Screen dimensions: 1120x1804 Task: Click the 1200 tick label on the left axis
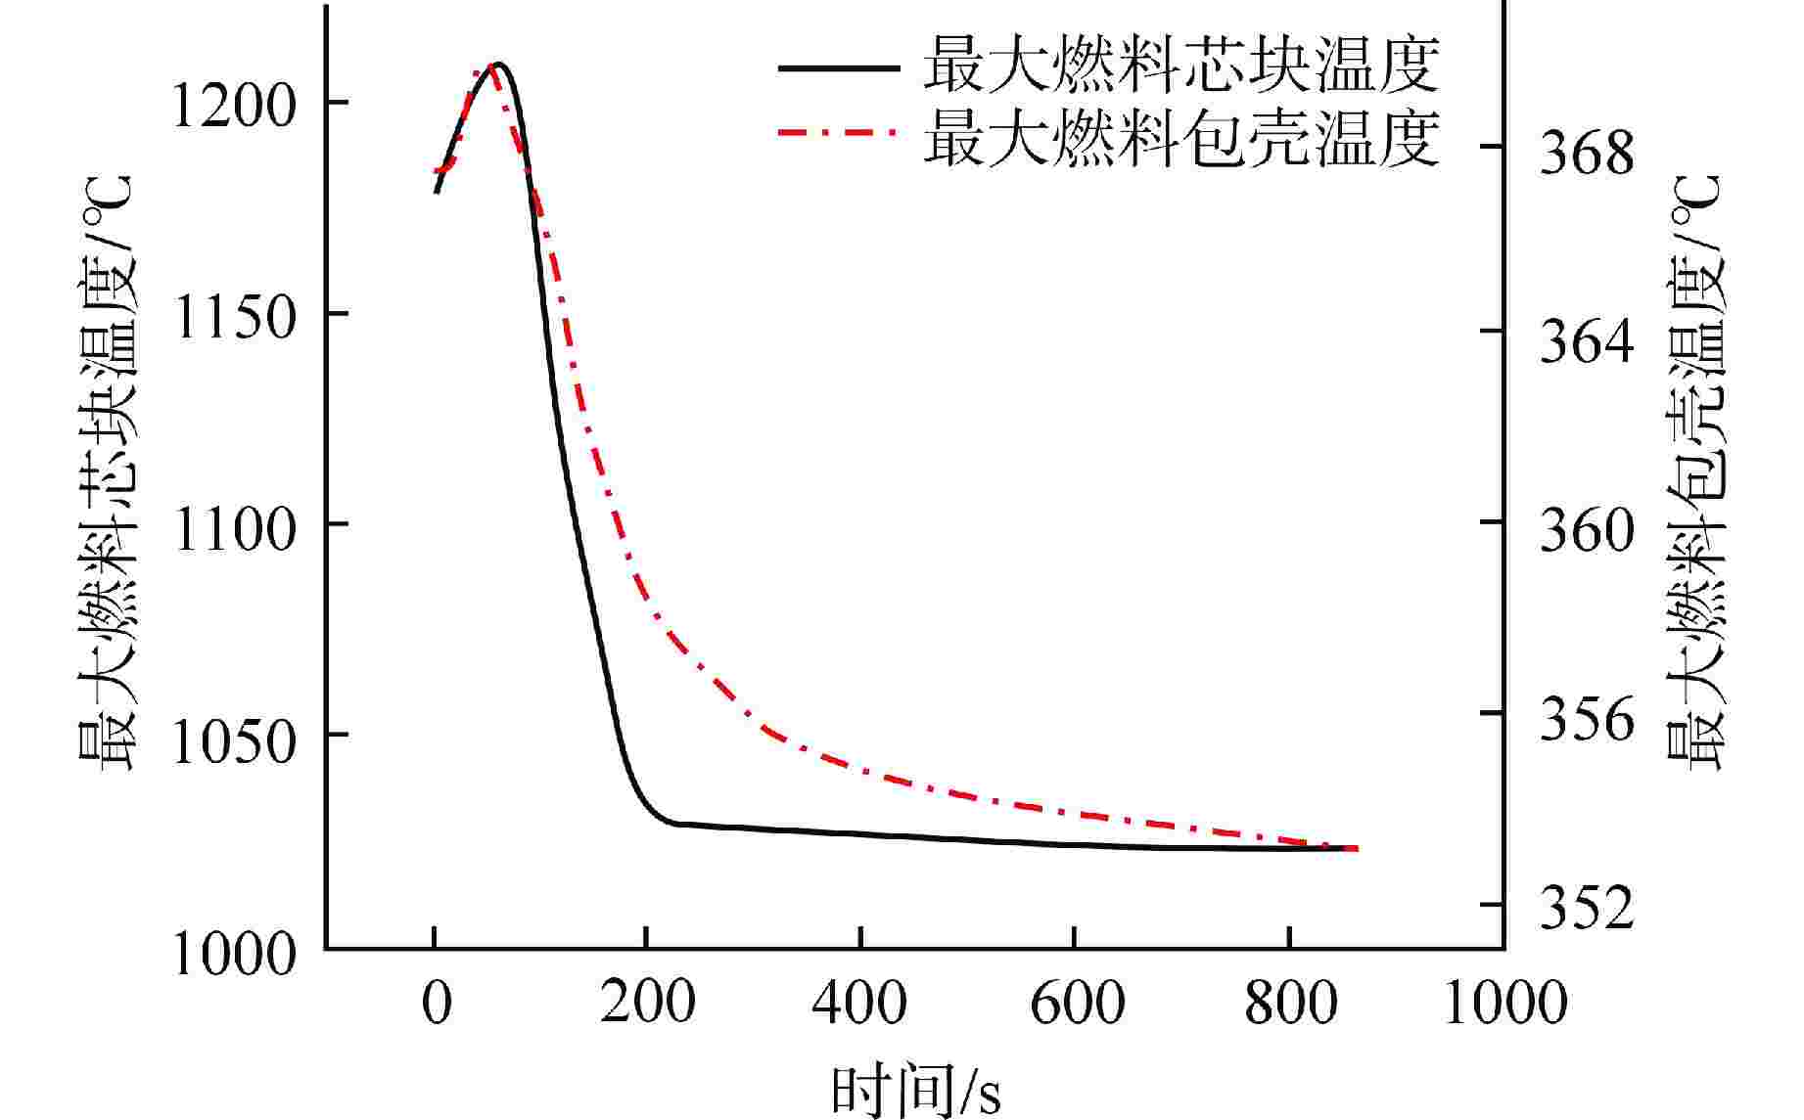[232, 106]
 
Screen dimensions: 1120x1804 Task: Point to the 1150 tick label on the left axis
[232, 318]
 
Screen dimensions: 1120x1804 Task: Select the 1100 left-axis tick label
[232, 529]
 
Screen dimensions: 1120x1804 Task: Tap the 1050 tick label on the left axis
[232, 740]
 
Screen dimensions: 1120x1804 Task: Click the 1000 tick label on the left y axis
[232, 952]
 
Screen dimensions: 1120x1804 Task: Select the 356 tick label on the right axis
[1587, 720]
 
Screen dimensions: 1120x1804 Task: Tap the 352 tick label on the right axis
[1587, 909]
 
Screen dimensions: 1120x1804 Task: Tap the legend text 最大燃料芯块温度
[1181, 66]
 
